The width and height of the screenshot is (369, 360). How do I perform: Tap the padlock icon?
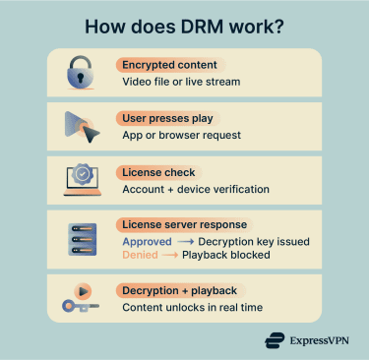(x=79, y=74)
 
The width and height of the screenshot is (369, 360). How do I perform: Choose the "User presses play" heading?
(x=167, y=119)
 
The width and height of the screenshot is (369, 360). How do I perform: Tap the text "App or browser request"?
(x=182, y=136)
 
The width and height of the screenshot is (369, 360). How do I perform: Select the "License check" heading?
(x=154, y=173)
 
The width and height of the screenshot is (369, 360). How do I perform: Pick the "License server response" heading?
(x=184, y=225)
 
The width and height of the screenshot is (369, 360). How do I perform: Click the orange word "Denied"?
(x=139, y=256)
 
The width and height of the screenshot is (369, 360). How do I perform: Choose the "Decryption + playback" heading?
(x=178, y=291)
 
